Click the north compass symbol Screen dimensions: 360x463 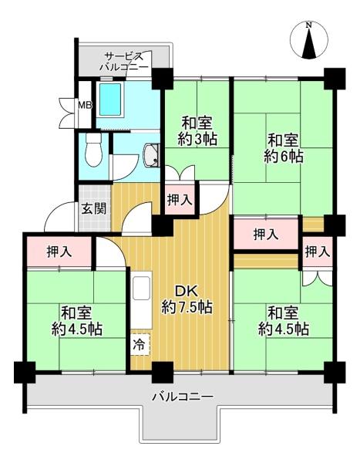click(309, 41)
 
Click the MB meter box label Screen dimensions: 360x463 click(85, 105)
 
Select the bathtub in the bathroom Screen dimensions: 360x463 click(110, 100)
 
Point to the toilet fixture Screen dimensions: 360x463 click(93, 150)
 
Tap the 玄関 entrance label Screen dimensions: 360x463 click(94, 209)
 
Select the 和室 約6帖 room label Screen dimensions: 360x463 click(283, 148)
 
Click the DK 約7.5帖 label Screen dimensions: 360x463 click(187, 299)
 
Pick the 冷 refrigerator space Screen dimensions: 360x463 click(139, 344)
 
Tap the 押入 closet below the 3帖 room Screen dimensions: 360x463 click(180, 200)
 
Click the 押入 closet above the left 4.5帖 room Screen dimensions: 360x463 click(59, 252)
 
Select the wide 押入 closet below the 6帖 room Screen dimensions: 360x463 click(266, 234)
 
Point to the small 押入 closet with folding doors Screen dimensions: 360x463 click(317, 252)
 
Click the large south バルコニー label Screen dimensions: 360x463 click(182, 397)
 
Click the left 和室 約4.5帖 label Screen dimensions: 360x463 click(77, 321)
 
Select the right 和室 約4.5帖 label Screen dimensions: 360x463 click(284, 321)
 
